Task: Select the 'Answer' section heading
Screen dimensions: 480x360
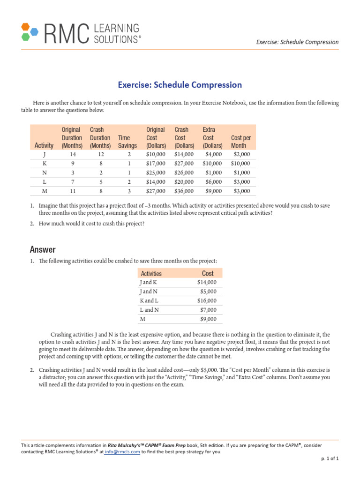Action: (43, 249)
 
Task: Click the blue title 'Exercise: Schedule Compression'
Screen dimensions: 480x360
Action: (180, 85)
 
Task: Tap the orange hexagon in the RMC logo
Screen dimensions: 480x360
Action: (25, 26)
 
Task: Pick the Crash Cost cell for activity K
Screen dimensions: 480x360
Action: (184, 164)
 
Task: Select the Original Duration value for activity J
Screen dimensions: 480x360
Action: (72, 154)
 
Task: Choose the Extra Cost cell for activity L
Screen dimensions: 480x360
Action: (213, 182)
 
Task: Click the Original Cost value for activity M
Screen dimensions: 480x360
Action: (155, 191)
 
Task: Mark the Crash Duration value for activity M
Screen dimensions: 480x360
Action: (100, 191)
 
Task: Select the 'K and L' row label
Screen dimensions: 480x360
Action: (149, 301)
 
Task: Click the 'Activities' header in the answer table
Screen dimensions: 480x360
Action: (150, 274)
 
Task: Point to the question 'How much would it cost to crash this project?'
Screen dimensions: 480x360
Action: (91, 224)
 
